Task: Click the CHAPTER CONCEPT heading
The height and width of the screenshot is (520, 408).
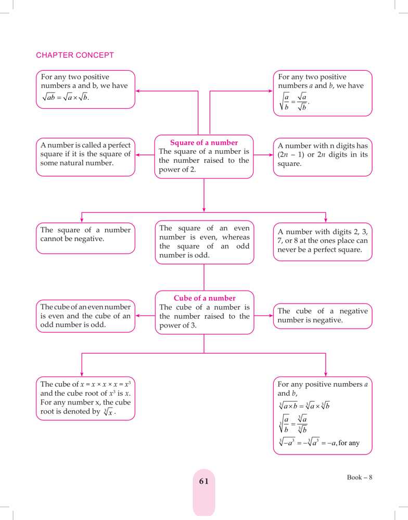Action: (75, 55)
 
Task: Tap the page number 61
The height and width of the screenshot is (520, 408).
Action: (203, 482)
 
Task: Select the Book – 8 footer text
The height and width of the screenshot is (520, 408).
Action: (360, 477)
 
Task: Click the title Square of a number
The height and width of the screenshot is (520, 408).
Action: (204, 142)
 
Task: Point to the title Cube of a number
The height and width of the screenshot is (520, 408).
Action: (205, 298)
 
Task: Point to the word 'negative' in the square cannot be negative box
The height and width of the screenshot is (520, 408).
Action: (56, 239)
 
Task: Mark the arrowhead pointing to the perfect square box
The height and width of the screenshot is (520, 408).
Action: (137, 155)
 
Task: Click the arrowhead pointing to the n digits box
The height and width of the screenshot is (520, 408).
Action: (271, 155)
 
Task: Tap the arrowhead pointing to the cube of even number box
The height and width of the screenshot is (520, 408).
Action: (137, 315)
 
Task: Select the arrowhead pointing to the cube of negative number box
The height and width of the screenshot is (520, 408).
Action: (271, 315)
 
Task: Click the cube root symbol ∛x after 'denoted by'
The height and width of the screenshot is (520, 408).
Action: (109, 412)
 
